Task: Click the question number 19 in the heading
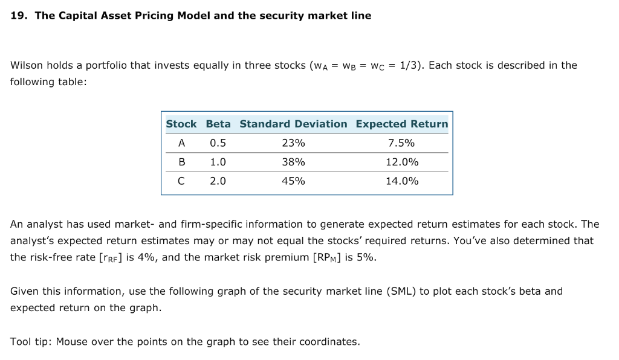pos(18,16)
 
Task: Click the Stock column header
pos(181,124)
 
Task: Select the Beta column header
pos(218,124)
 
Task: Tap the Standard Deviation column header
pos(293,124)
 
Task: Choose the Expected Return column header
pos(402,124)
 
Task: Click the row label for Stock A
pos(181,143)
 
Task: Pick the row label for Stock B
pos(181,162)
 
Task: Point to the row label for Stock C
pos(181,181)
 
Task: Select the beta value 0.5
pos(218,143)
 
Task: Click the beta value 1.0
pos(218,162)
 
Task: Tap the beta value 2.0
pos(218,181)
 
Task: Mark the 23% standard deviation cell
pos(293,143)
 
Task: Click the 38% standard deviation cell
pos(293,162)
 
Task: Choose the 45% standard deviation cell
pos(293,181)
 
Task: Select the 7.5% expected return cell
pos(402,143)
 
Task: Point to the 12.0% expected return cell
pos(402,162)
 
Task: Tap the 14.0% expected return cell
pos(402,181)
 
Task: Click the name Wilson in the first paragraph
pos(27,65)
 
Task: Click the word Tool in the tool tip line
pos(21,342)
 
